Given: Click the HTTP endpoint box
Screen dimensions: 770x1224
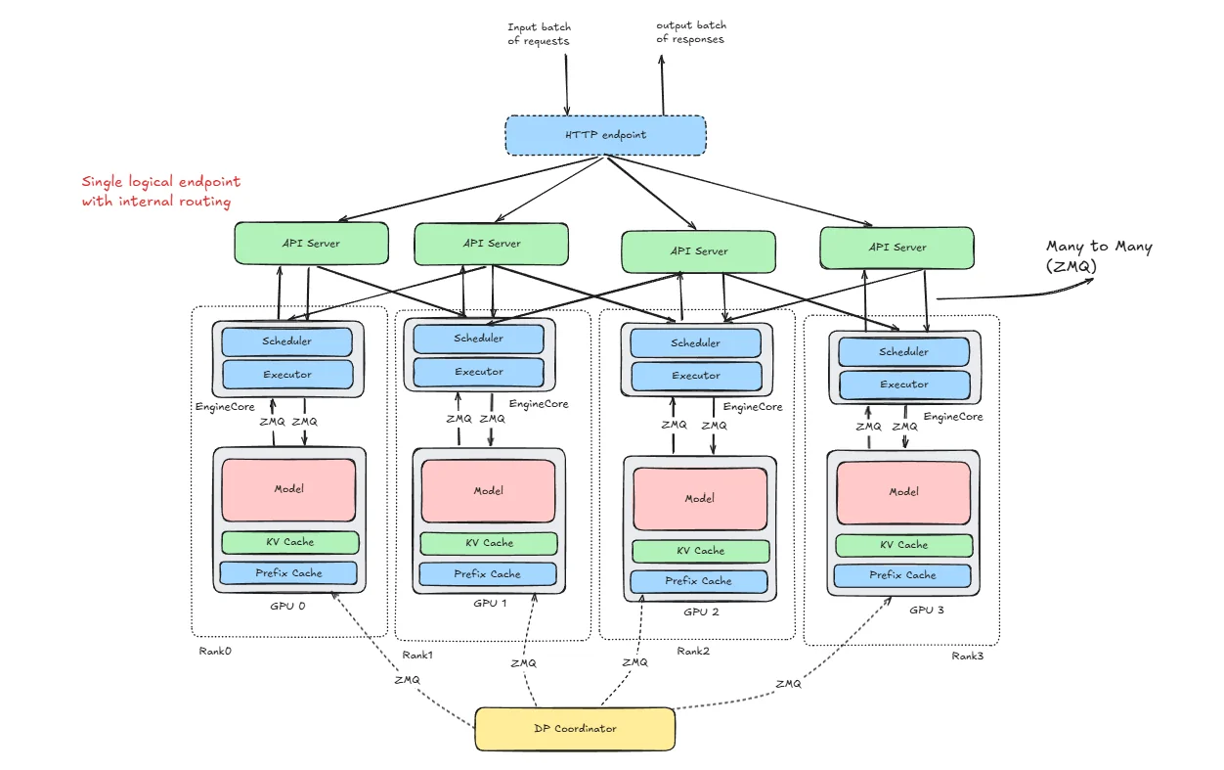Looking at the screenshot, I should pos(605,135).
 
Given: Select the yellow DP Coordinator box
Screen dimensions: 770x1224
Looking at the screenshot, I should pos(575,729).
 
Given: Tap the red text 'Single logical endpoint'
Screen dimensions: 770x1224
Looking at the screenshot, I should pos(160,182).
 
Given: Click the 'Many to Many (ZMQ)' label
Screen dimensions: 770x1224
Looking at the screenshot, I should pos(1098,255).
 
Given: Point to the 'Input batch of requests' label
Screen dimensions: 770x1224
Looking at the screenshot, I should pos(539,34).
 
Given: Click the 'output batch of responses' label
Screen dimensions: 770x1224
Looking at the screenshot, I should pos(690,32).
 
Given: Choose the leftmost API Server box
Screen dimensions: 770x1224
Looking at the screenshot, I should pos(311,243).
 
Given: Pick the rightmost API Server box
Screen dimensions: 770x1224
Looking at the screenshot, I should pos(896,248).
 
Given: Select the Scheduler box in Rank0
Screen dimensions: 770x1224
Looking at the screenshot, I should pos(286,341).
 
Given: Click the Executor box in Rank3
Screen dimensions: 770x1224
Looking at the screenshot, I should pos(903,385).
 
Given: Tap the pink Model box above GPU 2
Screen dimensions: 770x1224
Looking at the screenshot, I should pos(699,498).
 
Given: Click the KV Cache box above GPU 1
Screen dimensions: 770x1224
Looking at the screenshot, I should pos(489,543).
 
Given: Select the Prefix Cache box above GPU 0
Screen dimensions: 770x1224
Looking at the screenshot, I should pos(288,573).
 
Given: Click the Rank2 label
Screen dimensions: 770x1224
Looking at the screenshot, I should pos(692,651).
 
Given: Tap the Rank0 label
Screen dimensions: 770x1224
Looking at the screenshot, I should pos(214,650).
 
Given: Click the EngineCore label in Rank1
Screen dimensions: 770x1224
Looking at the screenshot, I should pos(538,404).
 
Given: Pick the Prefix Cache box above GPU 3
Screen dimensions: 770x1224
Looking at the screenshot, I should pos(902,575).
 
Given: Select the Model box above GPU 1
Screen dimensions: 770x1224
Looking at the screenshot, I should pos(488,491).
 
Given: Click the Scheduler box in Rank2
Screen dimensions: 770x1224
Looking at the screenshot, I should pos(695,343).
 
